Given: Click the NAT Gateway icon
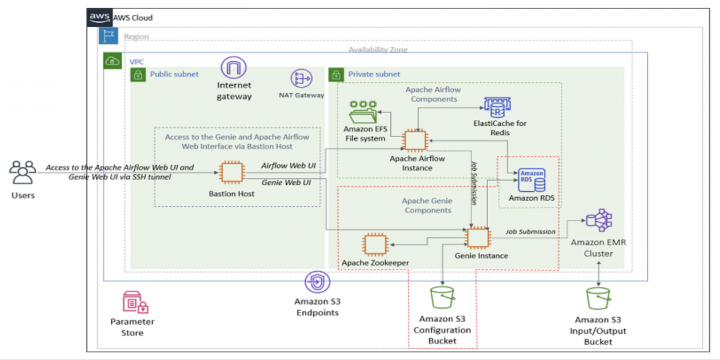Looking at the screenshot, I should (x=301, y=79).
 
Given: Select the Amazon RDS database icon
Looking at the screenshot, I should (x=531, y=180).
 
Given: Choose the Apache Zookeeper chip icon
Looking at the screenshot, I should (x=375, y=244).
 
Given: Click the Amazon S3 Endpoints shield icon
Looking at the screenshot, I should (x=316, y=283).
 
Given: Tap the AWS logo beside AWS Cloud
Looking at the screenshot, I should (x=99, y=18).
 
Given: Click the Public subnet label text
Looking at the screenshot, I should (x=174, y=74).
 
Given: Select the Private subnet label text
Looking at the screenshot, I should (x=374, y=74).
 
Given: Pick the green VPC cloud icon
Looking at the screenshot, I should (x=113, y=61).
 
